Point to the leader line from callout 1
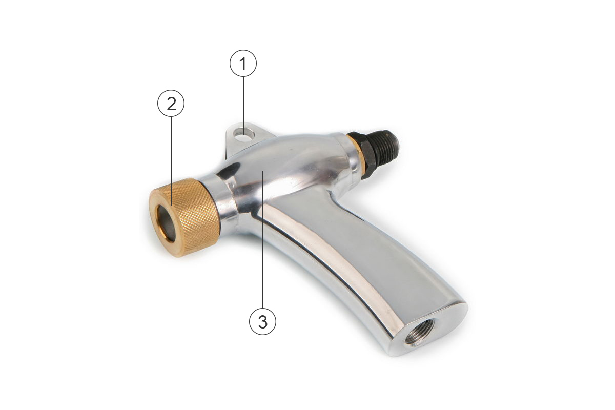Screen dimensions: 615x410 click(x=243, y=105)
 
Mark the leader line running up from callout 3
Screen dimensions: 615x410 click(x=263, y=239)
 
